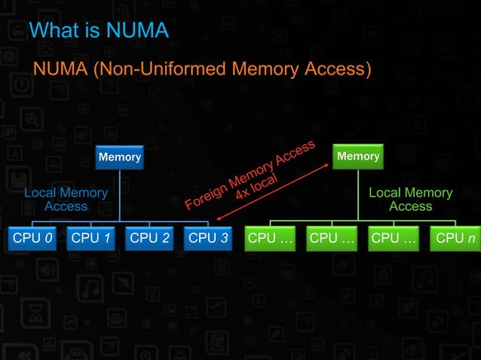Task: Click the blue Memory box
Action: coord(120,157)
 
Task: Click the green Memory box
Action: coord(358,157)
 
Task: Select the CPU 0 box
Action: coord(31,239)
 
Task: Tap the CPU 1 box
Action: coord(90,239)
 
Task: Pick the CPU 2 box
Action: coord(149,239)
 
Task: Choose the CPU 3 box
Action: coord(207,239)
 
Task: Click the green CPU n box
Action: coord(455,239)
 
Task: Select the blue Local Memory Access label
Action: coord(66,200)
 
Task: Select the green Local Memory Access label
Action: coord(411,200)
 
